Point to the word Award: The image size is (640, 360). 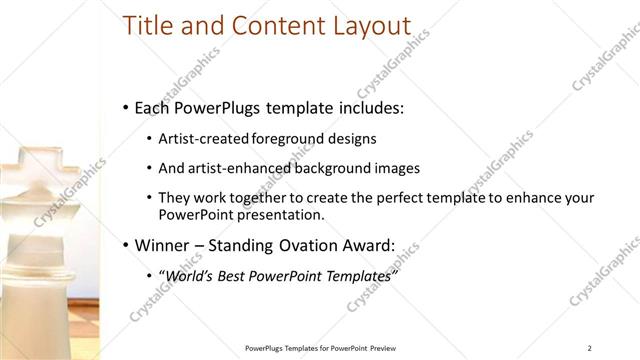click(366, 244)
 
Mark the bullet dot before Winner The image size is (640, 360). click(124, 245)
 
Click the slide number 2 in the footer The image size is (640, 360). click(590, 348)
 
